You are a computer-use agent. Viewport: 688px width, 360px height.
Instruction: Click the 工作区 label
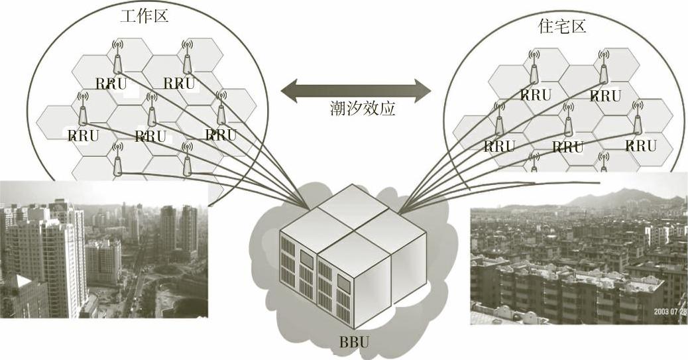point(144,15)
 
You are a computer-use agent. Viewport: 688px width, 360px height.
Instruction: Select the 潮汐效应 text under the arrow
point(363,108)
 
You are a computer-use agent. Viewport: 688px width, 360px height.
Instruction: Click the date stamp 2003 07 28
point(669,310)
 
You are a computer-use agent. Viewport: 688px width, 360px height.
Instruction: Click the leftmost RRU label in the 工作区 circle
point(84,136)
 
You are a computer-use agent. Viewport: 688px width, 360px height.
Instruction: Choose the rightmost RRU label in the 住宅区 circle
point(640,146)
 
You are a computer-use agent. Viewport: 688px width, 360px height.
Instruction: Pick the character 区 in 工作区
point(160,15)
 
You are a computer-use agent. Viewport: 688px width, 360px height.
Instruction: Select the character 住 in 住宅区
point(546,27)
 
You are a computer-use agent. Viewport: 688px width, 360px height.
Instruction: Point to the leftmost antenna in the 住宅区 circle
point(499,119)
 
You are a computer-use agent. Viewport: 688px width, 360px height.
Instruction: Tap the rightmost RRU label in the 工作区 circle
point(221,135)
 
